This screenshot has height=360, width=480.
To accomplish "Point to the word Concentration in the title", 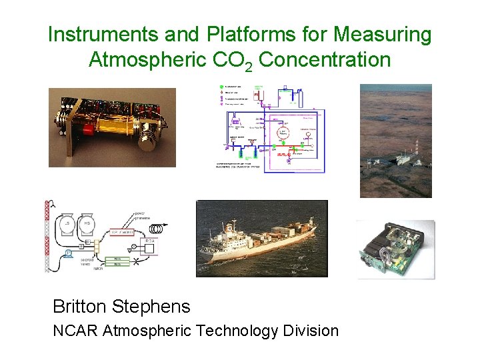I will (324, 59).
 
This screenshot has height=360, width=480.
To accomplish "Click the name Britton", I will (80, 307).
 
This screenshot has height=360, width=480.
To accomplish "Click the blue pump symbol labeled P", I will (69, 254).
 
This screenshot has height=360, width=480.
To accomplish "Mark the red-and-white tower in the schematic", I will (47, 237).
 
